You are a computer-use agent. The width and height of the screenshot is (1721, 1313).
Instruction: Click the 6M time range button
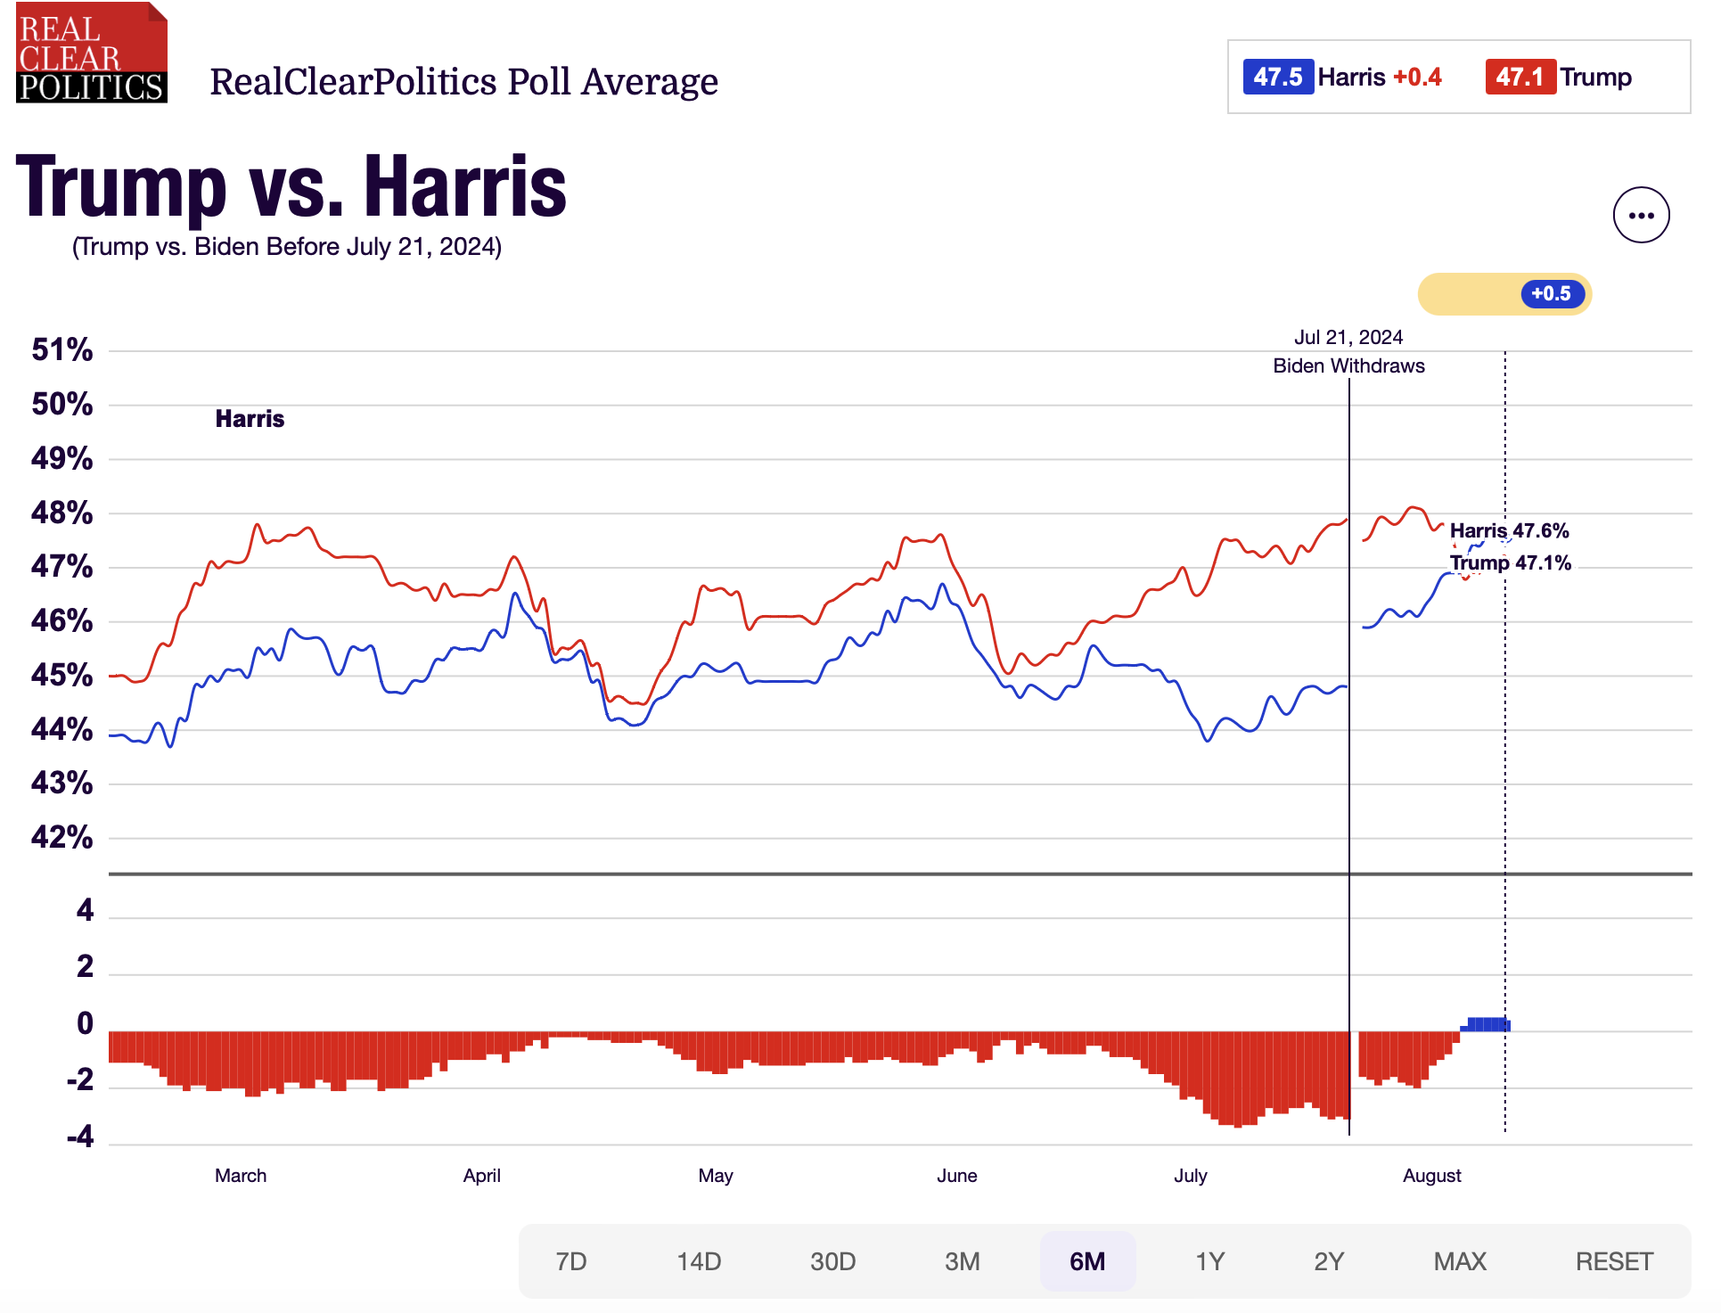click(x=1086, y=1261)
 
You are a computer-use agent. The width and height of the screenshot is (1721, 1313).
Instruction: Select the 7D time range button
click(x=571, y=1261)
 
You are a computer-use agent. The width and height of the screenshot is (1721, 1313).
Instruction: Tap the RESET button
click(x=1614, y=1261)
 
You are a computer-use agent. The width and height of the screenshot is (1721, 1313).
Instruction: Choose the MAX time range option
click(x=1460, y=1261)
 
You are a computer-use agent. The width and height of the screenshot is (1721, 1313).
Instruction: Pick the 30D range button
click(x=832, y=1261)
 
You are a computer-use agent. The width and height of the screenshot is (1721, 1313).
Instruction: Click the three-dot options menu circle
click(x=1641, y=215)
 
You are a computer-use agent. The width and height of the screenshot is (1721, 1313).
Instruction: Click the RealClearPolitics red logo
click(x=91, y=53)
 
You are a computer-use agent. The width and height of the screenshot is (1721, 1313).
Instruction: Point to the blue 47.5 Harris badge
click(x=1278, y=77)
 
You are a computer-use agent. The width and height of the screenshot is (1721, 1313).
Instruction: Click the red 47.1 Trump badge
click(x=1520, y=77)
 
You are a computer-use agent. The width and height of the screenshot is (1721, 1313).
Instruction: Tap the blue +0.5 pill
click(x=1552, y=293)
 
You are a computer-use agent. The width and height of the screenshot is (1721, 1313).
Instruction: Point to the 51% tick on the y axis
click(x=62, y=349)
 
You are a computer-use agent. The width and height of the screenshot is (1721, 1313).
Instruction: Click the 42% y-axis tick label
click(x=62, y=837)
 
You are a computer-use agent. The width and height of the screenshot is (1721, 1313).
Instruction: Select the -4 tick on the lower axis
click(x=80, y=1137)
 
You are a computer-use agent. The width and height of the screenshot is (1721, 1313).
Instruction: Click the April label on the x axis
click(x=481, y=1176)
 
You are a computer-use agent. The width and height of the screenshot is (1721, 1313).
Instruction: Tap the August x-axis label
click(x=1431, y=1176)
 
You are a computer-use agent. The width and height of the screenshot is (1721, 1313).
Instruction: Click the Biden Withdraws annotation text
click(x=1348, y=365)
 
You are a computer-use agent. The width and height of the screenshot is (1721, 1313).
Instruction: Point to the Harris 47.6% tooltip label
click(x=1509, y=530)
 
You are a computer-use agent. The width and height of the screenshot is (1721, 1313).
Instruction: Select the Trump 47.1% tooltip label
click(x=1510, y=562)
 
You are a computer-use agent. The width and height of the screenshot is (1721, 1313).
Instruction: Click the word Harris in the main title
click(x=465, y=187)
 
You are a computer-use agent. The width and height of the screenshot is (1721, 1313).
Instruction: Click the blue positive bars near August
click(x=1487, y=1024)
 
